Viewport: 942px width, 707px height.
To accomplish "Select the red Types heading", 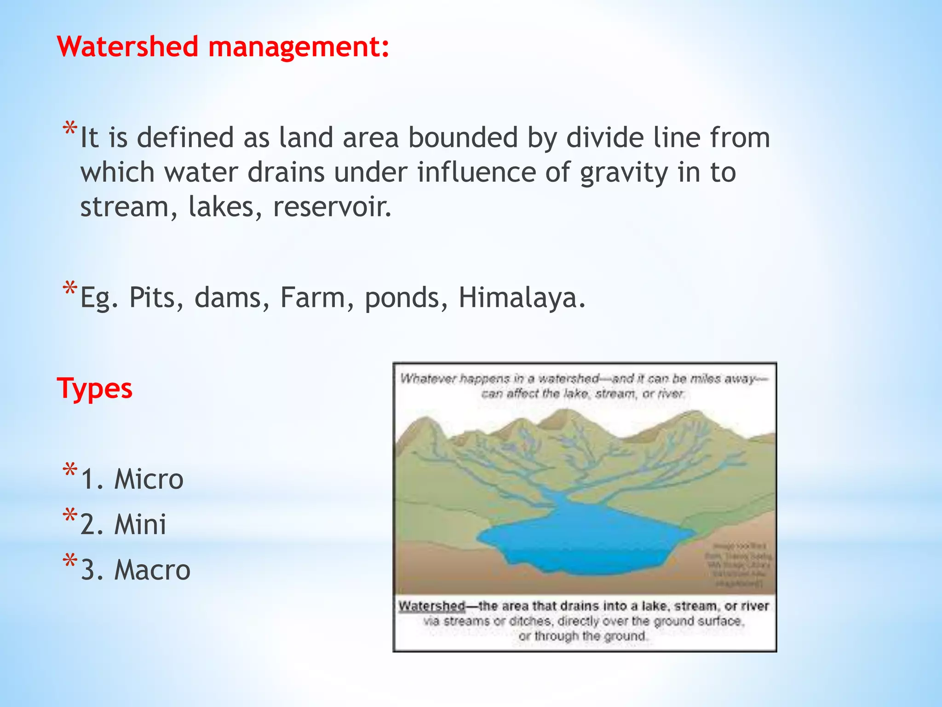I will pos(95,388).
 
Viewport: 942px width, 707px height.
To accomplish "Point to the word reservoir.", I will pos(332,207).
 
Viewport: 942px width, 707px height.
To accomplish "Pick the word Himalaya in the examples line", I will pos(522,298).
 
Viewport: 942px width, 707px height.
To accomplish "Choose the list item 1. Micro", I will pos(132,479).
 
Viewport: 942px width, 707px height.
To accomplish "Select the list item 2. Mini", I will pos(123,524).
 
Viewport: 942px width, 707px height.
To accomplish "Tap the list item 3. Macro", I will pos(135,570).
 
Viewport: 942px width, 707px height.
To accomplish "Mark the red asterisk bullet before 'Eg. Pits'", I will pos(69,290).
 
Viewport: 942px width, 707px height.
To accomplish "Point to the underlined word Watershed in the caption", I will pos(431,606).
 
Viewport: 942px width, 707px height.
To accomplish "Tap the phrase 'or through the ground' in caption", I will pos(583,636).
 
